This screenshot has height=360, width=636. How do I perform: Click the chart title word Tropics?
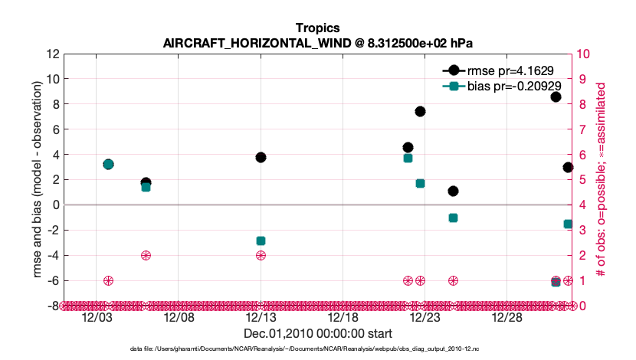[x=317, y=28]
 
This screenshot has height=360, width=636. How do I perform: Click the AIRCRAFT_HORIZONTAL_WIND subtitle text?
[x=317, y=43]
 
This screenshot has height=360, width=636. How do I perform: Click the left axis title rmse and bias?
[x=31, y=179]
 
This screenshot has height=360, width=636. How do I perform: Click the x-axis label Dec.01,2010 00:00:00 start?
[x=317, y=333]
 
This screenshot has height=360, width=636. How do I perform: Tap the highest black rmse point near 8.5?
[x=556, y=97]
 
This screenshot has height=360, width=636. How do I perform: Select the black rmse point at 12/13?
[x=261, y=157]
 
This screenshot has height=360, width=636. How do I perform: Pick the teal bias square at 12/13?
[x=261, y=241]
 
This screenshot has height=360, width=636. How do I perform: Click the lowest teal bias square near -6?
[x=556, y=282]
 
